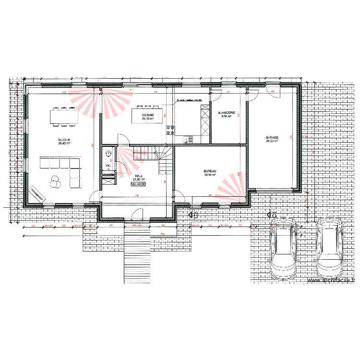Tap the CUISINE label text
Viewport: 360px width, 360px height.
click(x=148, y=115)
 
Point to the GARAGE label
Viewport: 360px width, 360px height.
click(x=272, y=138)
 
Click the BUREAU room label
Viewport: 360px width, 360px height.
click(x=210, y=171)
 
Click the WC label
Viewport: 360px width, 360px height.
click(x=108, y=166)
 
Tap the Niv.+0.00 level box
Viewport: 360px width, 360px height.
click(x=138, y=184)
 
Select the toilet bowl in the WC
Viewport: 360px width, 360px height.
click(x=108, y=153)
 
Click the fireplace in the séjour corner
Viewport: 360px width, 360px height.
click(x=36, y=192)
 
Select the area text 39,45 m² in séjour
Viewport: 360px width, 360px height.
click(x=64, y=143)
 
